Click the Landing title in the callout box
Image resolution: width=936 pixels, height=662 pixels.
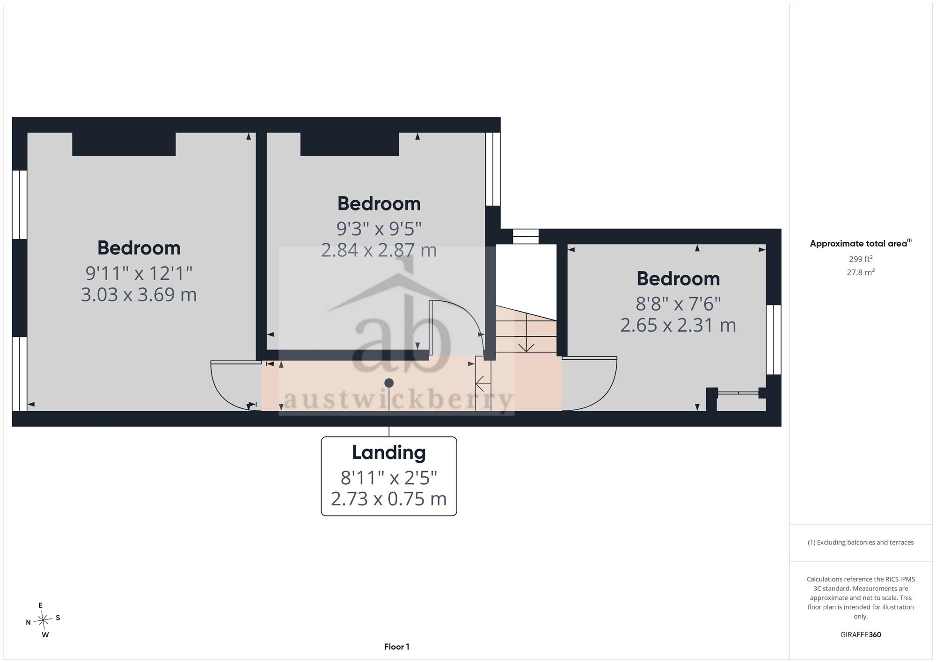pyautogui.click(x=389, y=452)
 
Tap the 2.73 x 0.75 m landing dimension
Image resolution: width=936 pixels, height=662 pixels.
pyautogui.click(x=389, y=499)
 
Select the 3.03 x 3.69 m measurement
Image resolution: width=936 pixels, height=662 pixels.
pyautogui.click(x=139, y=295)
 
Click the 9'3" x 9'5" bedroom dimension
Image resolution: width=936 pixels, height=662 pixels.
pyautogui.click(x=379, y=229)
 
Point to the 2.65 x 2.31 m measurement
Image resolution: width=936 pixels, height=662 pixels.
pyautogui.click(x=678, y=325)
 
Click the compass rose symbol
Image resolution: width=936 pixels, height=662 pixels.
pyautogui.click(x=43, y=620)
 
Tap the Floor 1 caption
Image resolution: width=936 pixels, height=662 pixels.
pyautogui.click(x=397, y=647)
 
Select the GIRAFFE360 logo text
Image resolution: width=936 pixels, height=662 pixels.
pyautogui.click(x=861, y=635)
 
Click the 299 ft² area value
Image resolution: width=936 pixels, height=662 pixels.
pyautogui.click(x=861, y=259)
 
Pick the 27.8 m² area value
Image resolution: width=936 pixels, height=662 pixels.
pyautogui.click(x=861, y=272)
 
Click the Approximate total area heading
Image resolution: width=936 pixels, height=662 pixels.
pyautogui.click(x=861, y=243)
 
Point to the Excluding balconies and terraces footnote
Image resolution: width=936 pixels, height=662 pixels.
pyautogui.click(x=861, y=543)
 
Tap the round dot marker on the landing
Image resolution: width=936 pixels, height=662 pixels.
pyautogui.click(x=389, y=383)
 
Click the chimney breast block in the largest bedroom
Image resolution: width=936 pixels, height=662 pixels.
pyautogui.click(x=124, y=144)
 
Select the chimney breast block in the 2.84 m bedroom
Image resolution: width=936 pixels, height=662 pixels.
pyautogui.click(x=350, y=144)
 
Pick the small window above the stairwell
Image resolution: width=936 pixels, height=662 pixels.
pyautogui.click(x=526, y=236)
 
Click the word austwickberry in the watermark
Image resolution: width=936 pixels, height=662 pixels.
pyautogui.click(x=398, y=400)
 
